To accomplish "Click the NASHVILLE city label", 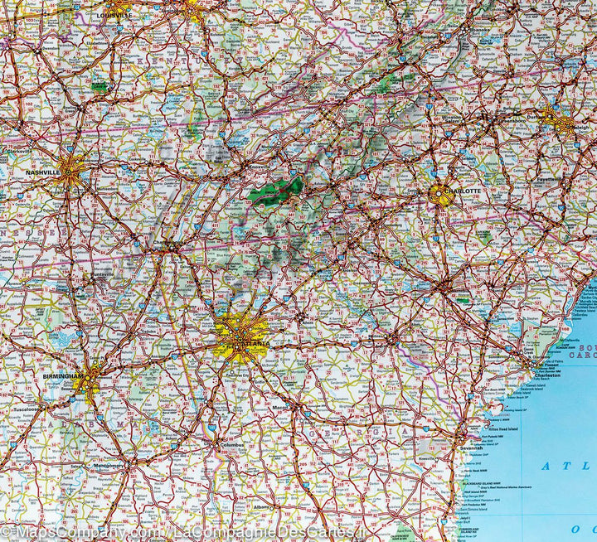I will pyautogui.click(x=42, y=172).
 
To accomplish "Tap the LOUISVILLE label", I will pyautogui.click(x=114, y=15).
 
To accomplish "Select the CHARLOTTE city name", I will pyautogui.click(x=462, y=191).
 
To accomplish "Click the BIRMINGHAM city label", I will pyautogui.click(x=64, y=376).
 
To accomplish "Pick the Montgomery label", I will pyautogui.click(x=108, y=465).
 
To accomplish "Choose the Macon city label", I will pyautogui.click(x=283, y=407).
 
